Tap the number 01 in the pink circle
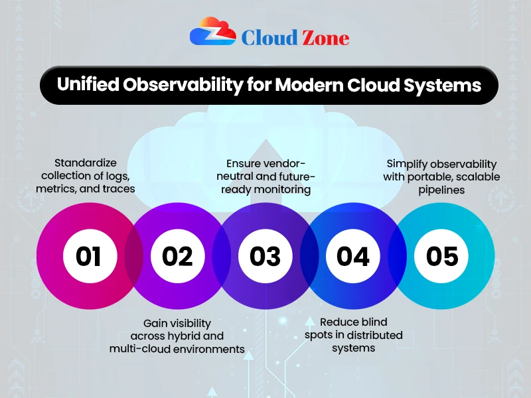click(88, 256)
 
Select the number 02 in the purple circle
click(177, 256)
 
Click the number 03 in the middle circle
click(265, 256)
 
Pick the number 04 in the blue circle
click(353, 256)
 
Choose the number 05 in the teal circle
click(441, 256)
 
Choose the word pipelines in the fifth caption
click(441, 189)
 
